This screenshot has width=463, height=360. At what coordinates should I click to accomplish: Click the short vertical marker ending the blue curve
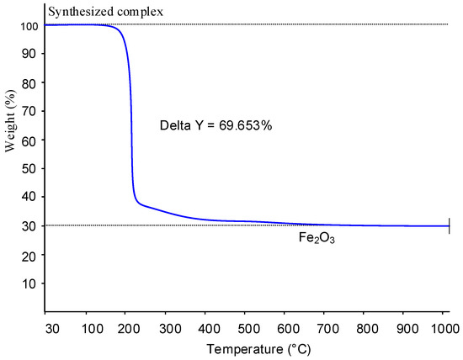pyautogui.click(x=450, y=225)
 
